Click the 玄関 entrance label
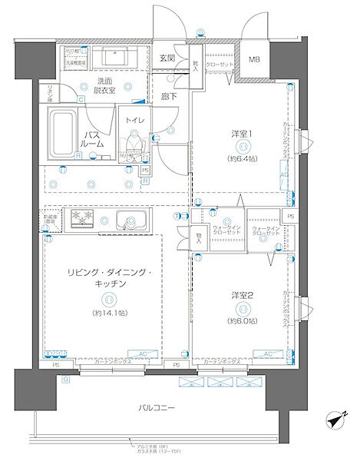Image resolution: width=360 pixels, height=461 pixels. [167, 58]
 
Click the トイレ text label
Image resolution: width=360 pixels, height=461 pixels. [135, 120]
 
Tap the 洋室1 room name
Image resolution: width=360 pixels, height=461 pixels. [242, 134]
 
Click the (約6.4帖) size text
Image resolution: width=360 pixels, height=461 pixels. [242, 160]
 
